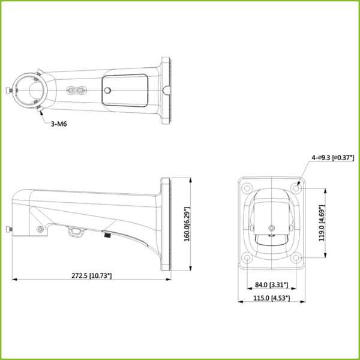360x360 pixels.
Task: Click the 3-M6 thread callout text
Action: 58,123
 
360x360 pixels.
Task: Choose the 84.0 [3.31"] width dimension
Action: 271,285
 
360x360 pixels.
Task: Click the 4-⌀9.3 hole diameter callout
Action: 331,157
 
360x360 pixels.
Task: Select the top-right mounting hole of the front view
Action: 296,187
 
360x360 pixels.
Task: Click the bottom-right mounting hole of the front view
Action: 296,259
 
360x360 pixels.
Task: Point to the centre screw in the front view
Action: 272,229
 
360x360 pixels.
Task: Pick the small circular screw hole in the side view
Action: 40,229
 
